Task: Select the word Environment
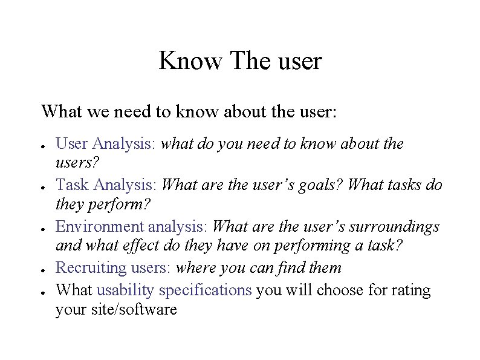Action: coord(100,226)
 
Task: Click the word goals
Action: coord(319,185)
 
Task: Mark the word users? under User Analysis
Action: coord(78,163)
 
